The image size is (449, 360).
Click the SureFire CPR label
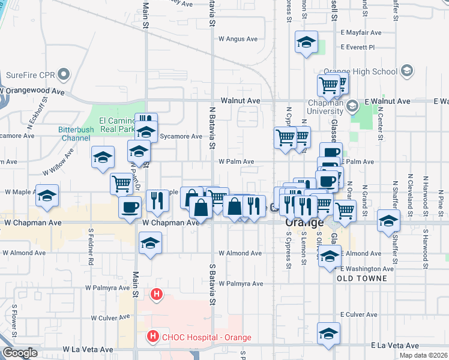pos(29,75)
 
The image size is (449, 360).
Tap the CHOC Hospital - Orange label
pos(206,337)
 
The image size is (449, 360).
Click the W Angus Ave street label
pos(238,39)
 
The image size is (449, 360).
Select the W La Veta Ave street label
pos(88,349)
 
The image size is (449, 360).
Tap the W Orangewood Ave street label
pos(33,92)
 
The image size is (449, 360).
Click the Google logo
pos(20,353)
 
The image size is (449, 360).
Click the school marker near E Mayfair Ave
pos(306,43)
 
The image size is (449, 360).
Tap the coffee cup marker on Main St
pos(130,208)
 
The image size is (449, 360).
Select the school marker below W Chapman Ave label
pos(150,243)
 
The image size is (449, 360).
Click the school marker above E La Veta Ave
pos(328,334)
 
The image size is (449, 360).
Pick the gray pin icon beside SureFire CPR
pos(63,75)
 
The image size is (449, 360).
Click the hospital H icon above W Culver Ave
pos(156,294)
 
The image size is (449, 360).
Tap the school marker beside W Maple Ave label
pos(47,196)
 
